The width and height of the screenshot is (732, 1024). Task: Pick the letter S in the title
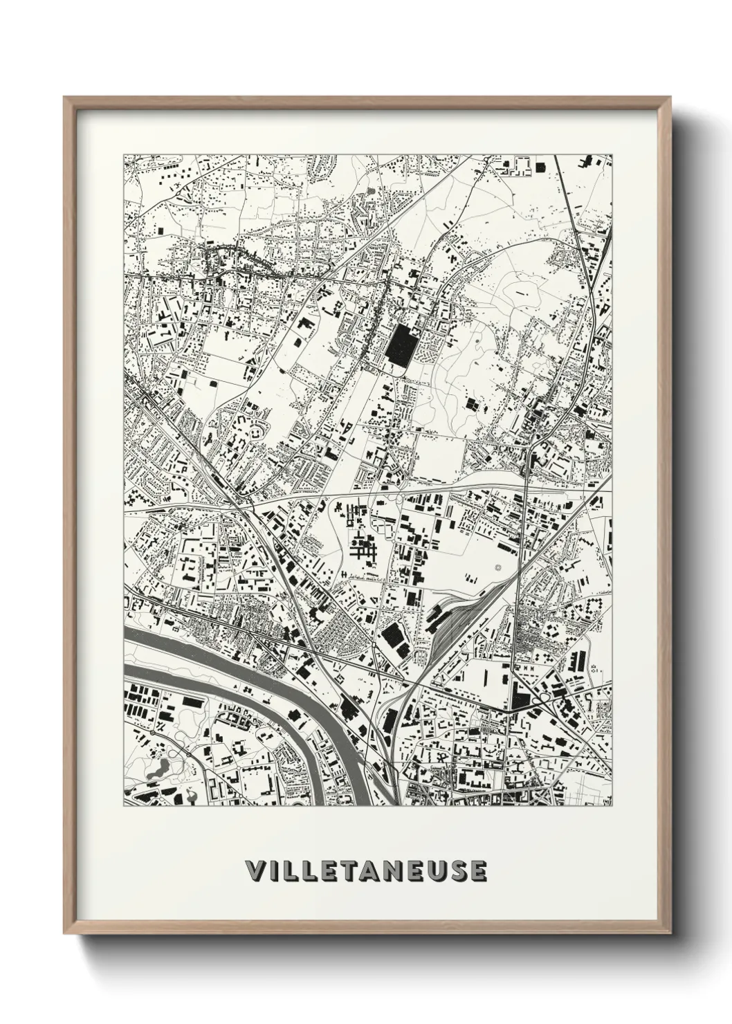[459, 872]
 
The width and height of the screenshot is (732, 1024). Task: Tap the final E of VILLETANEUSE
[479, 872]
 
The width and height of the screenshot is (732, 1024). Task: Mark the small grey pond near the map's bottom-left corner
[160, 767]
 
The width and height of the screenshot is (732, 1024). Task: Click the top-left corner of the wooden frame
[66, 99]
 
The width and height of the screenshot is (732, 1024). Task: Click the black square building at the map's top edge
[540, 165]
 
